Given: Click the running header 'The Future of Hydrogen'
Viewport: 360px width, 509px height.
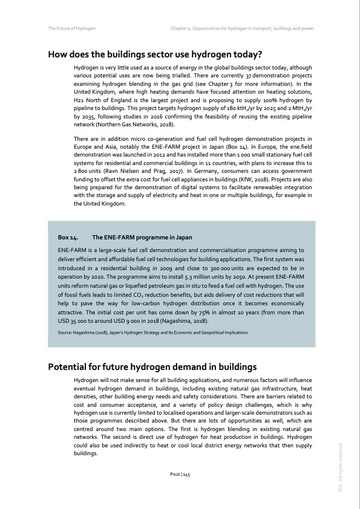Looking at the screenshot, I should (72, 28).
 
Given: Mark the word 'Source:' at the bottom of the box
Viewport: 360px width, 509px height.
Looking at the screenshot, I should (64, 332).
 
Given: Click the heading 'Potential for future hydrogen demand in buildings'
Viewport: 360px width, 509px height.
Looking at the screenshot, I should (154, 367).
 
